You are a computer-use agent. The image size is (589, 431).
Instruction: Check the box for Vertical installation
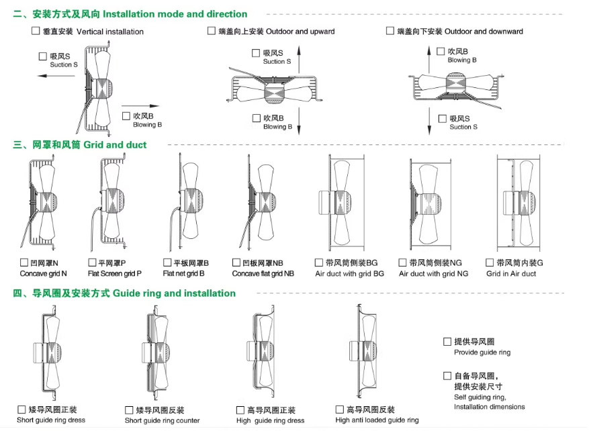pos(36,31)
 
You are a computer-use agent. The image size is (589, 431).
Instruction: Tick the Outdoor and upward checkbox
pos(212,31)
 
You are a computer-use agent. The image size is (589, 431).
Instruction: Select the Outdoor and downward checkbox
pos(390,31)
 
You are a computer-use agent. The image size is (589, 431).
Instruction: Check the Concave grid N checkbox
pos(25,262)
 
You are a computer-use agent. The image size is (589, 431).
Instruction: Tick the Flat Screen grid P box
pos(93,262)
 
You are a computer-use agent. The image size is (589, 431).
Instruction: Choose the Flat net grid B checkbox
pos(168,262)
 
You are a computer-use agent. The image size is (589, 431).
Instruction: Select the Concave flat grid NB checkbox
pos(236,262)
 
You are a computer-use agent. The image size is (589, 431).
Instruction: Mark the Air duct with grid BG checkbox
pos(320,262)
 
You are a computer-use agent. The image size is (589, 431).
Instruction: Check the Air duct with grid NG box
pos(403,262)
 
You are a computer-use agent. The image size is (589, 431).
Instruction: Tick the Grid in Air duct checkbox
pos(490,262)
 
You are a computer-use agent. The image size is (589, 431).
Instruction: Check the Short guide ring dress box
pos(22,410)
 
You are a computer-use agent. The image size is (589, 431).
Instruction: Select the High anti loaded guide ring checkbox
pos(340,410)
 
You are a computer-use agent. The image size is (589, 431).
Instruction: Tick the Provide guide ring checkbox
pos(447,342)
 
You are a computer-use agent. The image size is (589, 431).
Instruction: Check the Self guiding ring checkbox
pos(447,376)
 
